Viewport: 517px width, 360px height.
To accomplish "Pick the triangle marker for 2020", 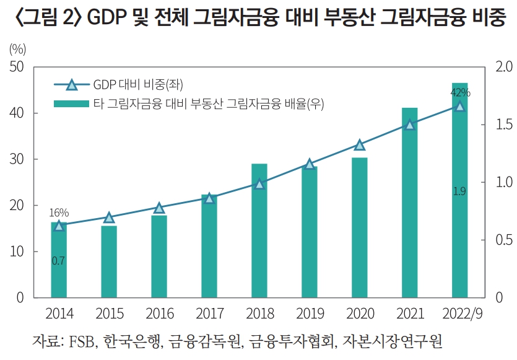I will (360, 145).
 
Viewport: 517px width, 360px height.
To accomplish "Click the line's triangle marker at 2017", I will (209, 198).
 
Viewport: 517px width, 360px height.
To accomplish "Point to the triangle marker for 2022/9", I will (459, 106).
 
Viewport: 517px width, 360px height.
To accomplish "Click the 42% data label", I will (460, 93).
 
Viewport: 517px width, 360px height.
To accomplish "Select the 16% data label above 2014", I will (59, 213).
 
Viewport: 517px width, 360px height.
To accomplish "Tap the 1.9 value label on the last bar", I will (459, 191).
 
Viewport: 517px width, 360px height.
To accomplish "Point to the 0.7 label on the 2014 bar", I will (58, 261).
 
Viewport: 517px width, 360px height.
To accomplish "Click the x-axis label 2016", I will (159, 314).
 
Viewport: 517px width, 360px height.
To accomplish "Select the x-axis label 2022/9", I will (459, 314).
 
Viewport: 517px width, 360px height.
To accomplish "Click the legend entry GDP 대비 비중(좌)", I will (138, 85).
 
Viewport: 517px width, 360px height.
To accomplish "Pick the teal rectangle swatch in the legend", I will (71, 103).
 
